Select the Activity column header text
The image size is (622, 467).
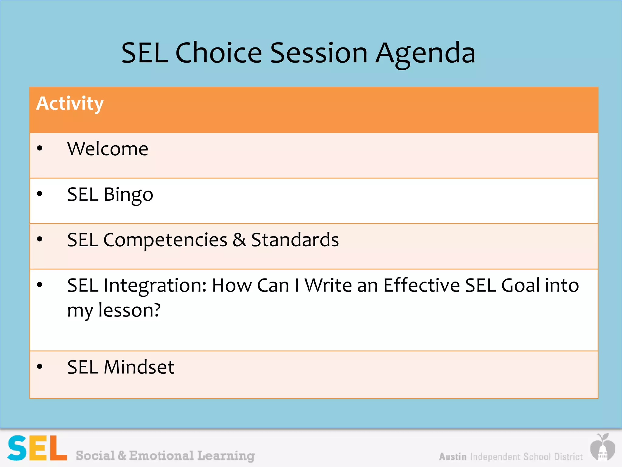coord(70,103)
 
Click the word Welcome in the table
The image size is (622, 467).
coord(108,149)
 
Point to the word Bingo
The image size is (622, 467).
coord(128,195)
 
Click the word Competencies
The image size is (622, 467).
coord(165,240)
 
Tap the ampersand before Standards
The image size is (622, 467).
coord(239,240)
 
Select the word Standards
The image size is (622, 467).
coord(295,240)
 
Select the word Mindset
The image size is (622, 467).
coord(139,367)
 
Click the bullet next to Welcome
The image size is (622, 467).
coord(39,148)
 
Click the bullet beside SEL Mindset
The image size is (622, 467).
coord(39,366)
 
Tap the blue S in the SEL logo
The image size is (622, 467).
coord(17,448)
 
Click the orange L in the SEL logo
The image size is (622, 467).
coord(57,448)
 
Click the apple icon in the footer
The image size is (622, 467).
coord(603,447)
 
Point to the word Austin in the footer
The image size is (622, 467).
coord(453,457)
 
